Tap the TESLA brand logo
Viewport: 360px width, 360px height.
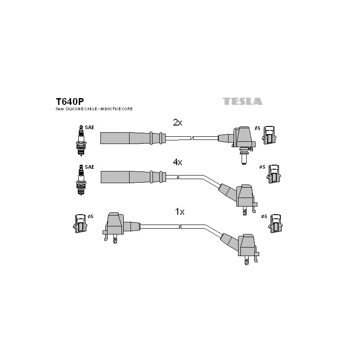point(243,101)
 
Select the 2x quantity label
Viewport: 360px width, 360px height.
point(177,122)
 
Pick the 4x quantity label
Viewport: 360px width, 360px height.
point(177,162)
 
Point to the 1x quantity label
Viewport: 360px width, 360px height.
point(180,211)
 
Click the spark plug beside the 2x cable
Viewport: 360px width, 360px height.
point(81,140)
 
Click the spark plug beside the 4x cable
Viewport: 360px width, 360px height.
point(81,180)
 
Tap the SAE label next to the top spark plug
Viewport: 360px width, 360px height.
point(90,127)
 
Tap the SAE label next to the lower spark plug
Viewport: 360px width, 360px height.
point(90,167)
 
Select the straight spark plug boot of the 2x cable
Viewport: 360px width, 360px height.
point(133,138)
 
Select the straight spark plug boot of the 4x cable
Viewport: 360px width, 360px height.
point(133,177)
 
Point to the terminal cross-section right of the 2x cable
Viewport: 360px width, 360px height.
point(269,135)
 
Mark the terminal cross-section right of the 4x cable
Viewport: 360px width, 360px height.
point(274,174)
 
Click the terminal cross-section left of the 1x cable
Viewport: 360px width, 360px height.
point(80,224)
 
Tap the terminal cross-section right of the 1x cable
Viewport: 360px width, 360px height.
point(275,224)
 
